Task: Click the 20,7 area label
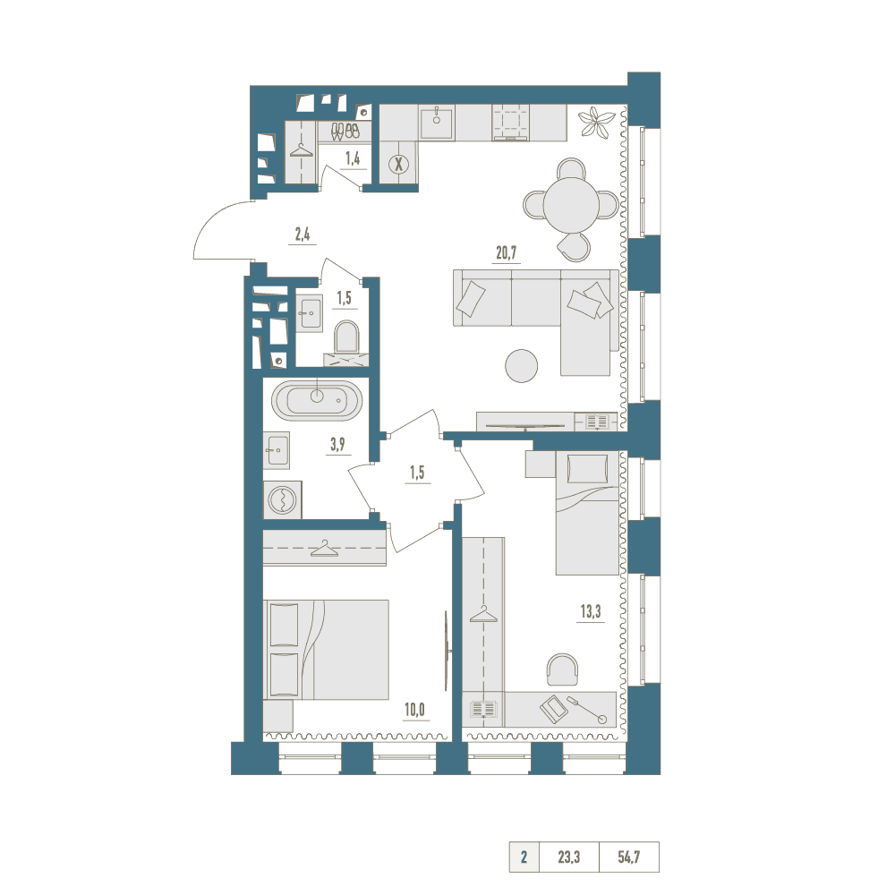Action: point(507,252)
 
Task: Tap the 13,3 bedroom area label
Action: point(591,612)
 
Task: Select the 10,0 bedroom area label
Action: point(415,710)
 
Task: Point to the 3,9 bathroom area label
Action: point(337,445)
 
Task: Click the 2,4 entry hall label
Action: point(303,234)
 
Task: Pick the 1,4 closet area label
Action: point(353,158)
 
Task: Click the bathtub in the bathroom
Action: point(317,401)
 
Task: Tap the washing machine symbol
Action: point(283,499)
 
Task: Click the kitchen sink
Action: point(437,123)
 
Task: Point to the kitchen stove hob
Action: point(511,122)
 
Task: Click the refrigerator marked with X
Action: point(398,165)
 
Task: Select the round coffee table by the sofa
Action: point(521,366)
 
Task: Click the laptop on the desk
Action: point(552,708)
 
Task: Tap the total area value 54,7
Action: point(628,857)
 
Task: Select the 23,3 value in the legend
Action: point(568,857)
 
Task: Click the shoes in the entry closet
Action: point(345,132)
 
